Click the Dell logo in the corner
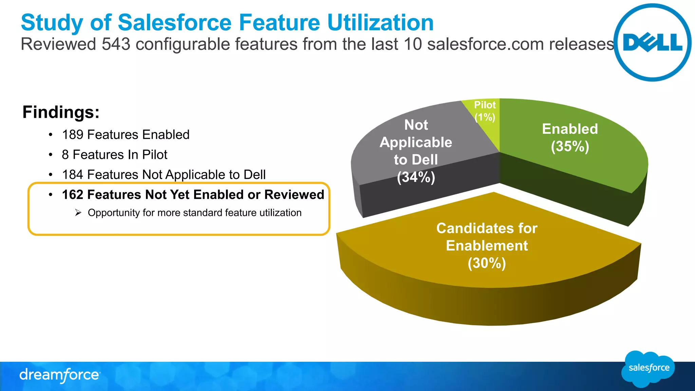pyautogui.click(x=652, y=43)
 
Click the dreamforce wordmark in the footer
pyautogui.click(x=60, y=375)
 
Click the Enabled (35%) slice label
pyautogui.click(x=570, y=137)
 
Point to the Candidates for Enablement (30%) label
pyautogui.click(x=487, y=246)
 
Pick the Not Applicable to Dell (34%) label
pyautogui.click(x=416, y=151)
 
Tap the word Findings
pyautogui.click(x=61, y=112)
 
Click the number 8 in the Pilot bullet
pyautogui.click(x=65, y=155)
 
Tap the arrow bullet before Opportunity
pyautogui.click(x=78, y=213)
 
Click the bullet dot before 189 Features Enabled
pyautogui.click(x=51, y=135)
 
